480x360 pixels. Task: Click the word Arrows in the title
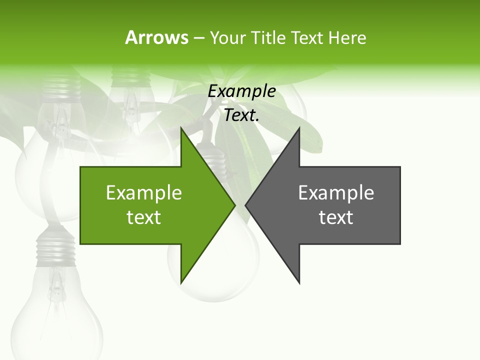(156, 37)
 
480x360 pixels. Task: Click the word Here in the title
(347, 37)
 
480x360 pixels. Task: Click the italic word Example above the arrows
(241, 91)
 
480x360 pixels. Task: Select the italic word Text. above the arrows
(241, 115)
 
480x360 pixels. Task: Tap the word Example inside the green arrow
(143, 192)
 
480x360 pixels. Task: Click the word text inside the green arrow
(143, 217)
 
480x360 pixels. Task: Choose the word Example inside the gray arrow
(336, 192)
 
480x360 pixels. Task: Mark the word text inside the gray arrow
(336, 217)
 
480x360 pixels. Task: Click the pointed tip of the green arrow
(234, 205)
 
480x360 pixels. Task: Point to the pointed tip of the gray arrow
(246, 205)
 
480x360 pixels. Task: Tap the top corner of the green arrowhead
(181, 128)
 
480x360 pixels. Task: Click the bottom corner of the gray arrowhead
(299, 282)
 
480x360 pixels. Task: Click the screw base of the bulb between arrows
(215, 160)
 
